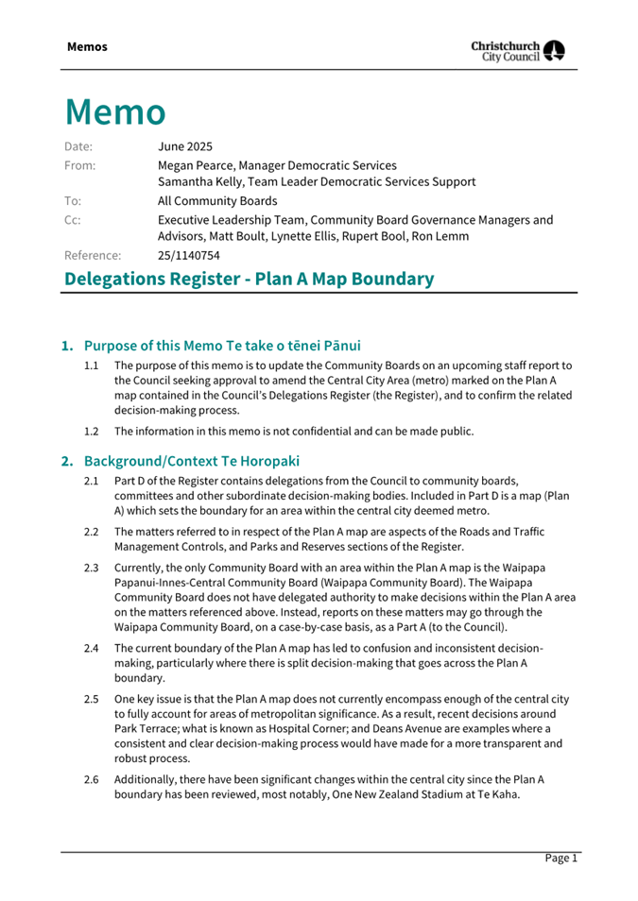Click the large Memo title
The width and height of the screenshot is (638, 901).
(x=115, y=112)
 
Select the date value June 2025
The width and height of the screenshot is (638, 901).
(x=185, y=146)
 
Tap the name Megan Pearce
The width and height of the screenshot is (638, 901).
(x=196, y=165)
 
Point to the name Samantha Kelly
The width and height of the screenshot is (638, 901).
(x=200, y=181)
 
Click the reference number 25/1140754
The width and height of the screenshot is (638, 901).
(x=189, y=255)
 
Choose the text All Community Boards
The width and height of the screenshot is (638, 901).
(x=217, y=200)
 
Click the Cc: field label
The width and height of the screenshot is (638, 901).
(x=73, y=220)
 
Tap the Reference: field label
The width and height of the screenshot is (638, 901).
(x=93, y=255)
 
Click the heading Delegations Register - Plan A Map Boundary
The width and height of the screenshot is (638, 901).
(x=250, y=279)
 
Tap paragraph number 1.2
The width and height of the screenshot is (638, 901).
(x=92, y=432)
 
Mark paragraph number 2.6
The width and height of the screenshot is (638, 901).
(x=92, y=779)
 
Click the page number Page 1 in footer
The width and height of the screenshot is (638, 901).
(x=560, y=858)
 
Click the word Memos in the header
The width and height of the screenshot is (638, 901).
(x=87, y=46)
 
